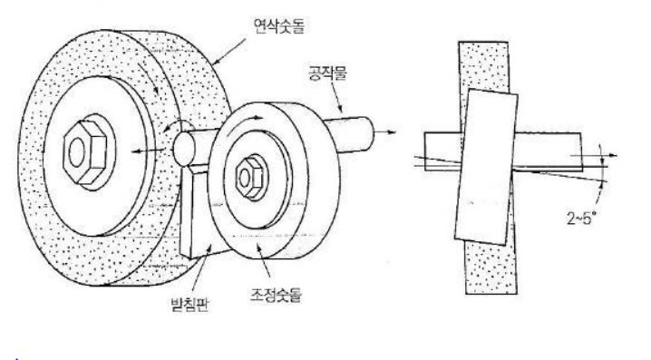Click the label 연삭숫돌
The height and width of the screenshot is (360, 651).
pos(279,25)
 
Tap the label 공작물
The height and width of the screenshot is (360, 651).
pos(327,73)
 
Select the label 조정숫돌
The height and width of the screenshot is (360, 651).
pos(275,295)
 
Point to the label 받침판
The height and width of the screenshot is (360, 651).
pos(189,305)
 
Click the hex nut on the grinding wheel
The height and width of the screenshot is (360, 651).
pos(86,151)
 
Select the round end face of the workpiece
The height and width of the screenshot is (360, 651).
pos(184,149)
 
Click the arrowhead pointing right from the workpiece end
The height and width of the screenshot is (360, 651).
pos(392,132)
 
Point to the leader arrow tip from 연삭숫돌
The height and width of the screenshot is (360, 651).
pos(213,64)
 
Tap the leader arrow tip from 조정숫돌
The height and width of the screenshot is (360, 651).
pos(257,246)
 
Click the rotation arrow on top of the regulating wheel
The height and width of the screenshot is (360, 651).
pos(249,119)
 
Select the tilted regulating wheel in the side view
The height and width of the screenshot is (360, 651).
pos(486,166)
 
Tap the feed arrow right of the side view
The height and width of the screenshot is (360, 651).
pos(594,156)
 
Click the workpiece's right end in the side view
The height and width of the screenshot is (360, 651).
pos(581,152)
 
